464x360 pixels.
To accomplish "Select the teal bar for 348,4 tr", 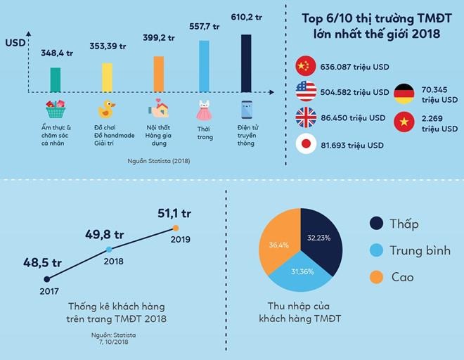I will pyautogui.click(x=56, y=79).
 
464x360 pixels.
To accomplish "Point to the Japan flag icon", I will pyautogui.click(x=305, y=143).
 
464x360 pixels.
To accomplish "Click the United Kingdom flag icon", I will pyautogui.click(x=305, y=117).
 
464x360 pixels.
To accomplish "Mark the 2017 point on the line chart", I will pyautogui.click(x=46, y=279).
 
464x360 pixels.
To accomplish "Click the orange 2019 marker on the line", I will pyautogui.click(x=176, y=228).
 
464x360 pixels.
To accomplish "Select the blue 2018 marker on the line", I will pyautogui.click(x=109, y=250).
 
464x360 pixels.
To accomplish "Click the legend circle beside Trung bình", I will pyautogui.click(x=378, y=250).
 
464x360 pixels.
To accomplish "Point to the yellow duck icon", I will pyautogui.click(x=107, y=110).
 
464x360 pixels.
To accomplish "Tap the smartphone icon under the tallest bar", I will pyautogui.click(x=246, y=110).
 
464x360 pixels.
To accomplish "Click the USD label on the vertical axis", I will pyautogui.click(x=15, y=43).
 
